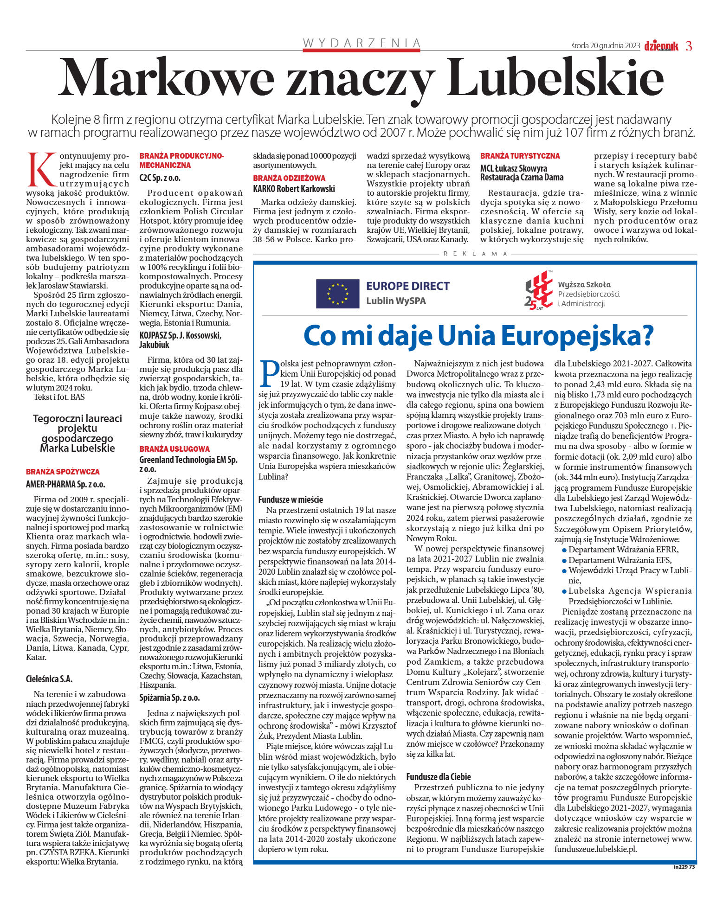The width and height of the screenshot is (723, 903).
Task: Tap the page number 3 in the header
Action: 689,46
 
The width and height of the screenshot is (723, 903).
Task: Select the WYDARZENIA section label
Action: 361,43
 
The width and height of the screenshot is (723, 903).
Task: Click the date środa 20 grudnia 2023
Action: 606,46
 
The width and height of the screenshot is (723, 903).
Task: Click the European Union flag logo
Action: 337,294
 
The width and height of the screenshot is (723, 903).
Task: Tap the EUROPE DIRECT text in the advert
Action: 408,286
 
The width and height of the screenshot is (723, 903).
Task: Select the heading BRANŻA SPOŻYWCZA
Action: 63,472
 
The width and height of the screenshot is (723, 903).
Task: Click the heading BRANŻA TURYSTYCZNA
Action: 520,156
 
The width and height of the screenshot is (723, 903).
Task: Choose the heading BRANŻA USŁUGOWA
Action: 174,448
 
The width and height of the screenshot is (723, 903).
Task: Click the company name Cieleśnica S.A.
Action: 49,679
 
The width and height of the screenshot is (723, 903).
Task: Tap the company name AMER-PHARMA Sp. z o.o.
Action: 65,484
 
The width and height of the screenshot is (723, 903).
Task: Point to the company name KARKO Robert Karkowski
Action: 294,189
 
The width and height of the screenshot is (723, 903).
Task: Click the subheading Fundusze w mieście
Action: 290,500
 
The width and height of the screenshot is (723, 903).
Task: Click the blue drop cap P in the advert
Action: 268,374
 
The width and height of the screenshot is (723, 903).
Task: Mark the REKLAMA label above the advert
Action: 475,254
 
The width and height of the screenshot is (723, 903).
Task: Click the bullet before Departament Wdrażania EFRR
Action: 564,550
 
